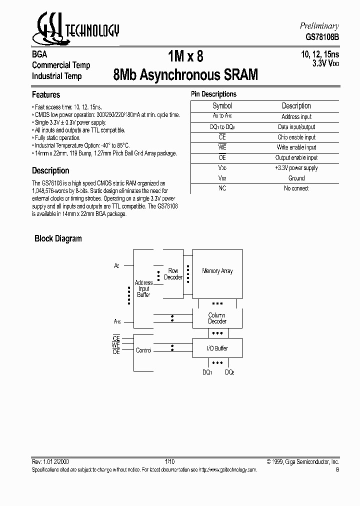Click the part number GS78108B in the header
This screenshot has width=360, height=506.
point(322,36)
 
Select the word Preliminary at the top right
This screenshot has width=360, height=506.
point(319,26)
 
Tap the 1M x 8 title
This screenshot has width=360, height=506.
point(185,56)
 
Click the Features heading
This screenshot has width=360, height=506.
point(46,94)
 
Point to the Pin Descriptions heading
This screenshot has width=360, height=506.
point(213,94)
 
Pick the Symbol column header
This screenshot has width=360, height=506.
point(222,106)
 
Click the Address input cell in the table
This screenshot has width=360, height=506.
point(296,116)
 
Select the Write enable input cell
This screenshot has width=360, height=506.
point(296,147)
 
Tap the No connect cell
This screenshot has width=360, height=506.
point(296,188)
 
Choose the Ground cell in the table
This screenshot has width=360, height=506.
point(296,178)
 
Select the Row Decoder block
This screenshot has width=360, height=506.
point(173,274)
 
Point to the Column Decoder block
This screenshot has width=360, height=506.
point(217,318)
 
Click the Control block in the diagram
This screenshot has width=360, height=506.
point(143,350)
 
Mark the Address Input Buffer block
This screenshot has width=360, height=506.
point(143,289)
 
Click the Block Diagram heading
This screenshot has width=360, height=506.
point(58,238)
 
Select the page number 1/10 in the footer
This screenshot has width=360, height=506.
point(169,462)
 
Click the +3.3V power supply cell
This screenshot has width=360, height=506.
point(296,168)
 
